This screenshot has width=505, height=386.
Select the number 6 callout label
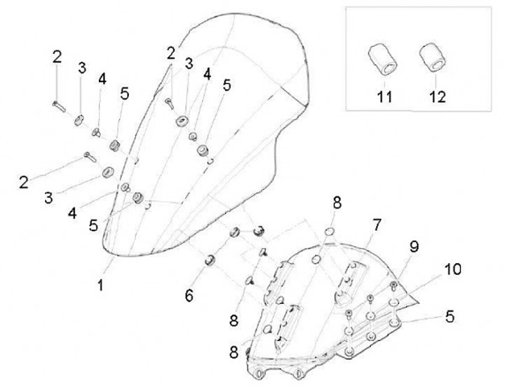[x=189, y=295]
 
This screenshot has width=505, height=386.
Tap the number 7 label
[x=377, y=225]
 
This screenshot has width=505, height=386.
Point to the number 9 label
[x=414, y=246]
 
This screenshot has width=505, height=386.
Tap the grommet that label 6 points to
[x=208, y=261]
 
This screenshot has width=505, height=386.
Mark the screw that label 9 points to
[x=394, y=285]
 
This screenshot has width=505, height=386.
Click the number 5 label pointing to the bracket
[x=448, y=317]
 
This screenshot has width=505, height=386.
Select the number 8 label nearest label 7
[x=337, y=204]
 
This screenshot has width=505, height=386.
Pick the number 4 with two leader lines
[x=208, y=73]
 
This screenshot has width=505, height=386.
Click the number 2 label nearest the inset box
[x=170, y=52]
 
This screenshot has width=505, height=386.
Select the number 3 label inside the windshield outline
[x=188, y=64]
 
